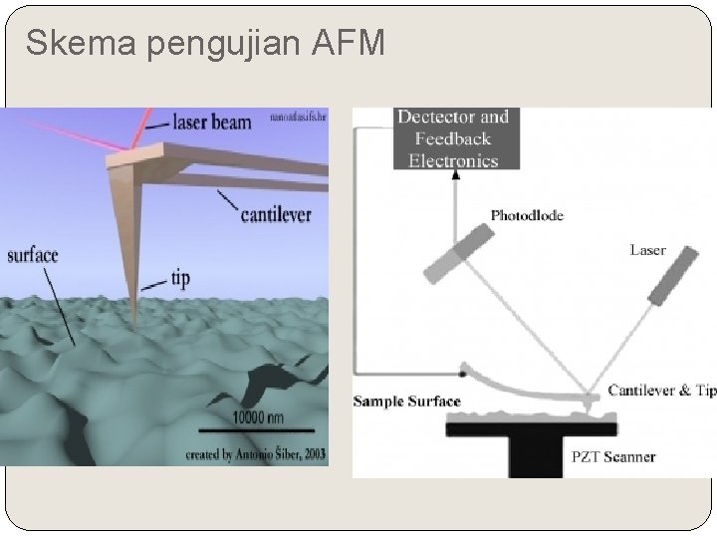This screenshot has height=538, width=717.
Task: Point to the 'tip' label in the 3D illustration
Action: tap(180, 280)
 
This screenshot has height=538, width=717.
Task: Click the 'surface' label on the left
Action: tap(33, 255)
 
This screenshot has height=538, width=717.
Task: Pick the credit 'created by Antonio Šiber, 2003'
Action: tap(255, 454)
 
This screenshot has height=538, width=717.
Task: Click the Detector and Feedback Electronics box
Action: tap(453, 138)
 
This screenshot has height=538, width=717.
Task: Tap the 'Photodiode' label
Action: tap(527, 215)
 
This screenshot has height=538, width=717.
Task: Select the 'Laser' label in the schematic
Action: tap(647, 250)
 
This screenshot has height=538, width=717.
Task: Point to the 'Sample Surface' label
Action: tap(407, 402)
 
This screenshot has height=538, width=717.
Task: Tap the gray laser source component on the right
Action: tap(673, 275)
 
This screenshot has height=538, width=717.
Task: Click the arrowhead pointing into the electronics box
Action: tap(456, 175)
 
